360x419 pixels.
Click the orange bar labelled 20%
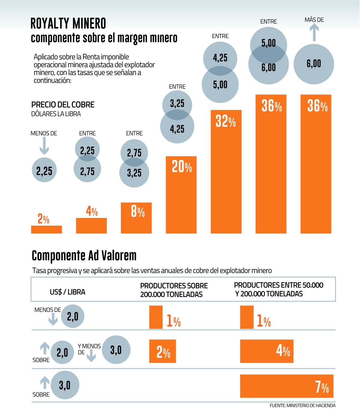click(181, 195)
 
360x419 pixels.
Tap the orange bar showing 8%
click(136, 218)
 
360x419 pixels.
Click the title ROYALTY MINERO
click(68, 24)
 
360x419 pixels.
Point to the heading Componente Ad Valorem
click(84, 256)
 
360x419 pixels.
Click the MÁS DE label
click(314, 20)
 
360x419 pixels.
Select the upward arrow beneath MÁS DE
click(314, 33)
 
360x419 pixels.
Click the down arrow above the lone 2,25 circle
click(44, 147)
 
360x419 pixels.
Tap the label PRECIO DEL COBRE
click(63, 105)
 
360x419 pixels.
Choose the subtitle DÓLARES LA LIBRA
click(56, 114)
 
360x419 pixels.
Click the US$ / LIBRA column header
click(67, 292)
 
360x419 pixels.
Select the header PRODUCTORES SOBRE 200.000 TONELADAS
click(174, 290)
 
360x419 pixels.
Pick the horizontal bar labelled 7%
click(286, 386)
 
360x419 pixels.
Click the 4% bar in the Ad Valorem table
click(267, 351)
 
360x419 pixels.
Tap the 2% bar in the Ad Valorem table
click(162, 351)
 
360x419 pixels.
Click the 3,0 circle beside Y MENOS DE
click(116, 350)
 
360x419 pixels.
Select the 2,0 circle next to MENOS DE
click(73, 316)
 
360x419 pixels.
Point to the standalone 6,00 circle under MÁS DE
click(314, 64)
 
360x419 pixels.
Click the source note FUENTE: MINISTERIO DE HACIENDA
click(302, 406)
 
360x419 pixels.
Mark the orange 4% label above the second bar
click(92, 211)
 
